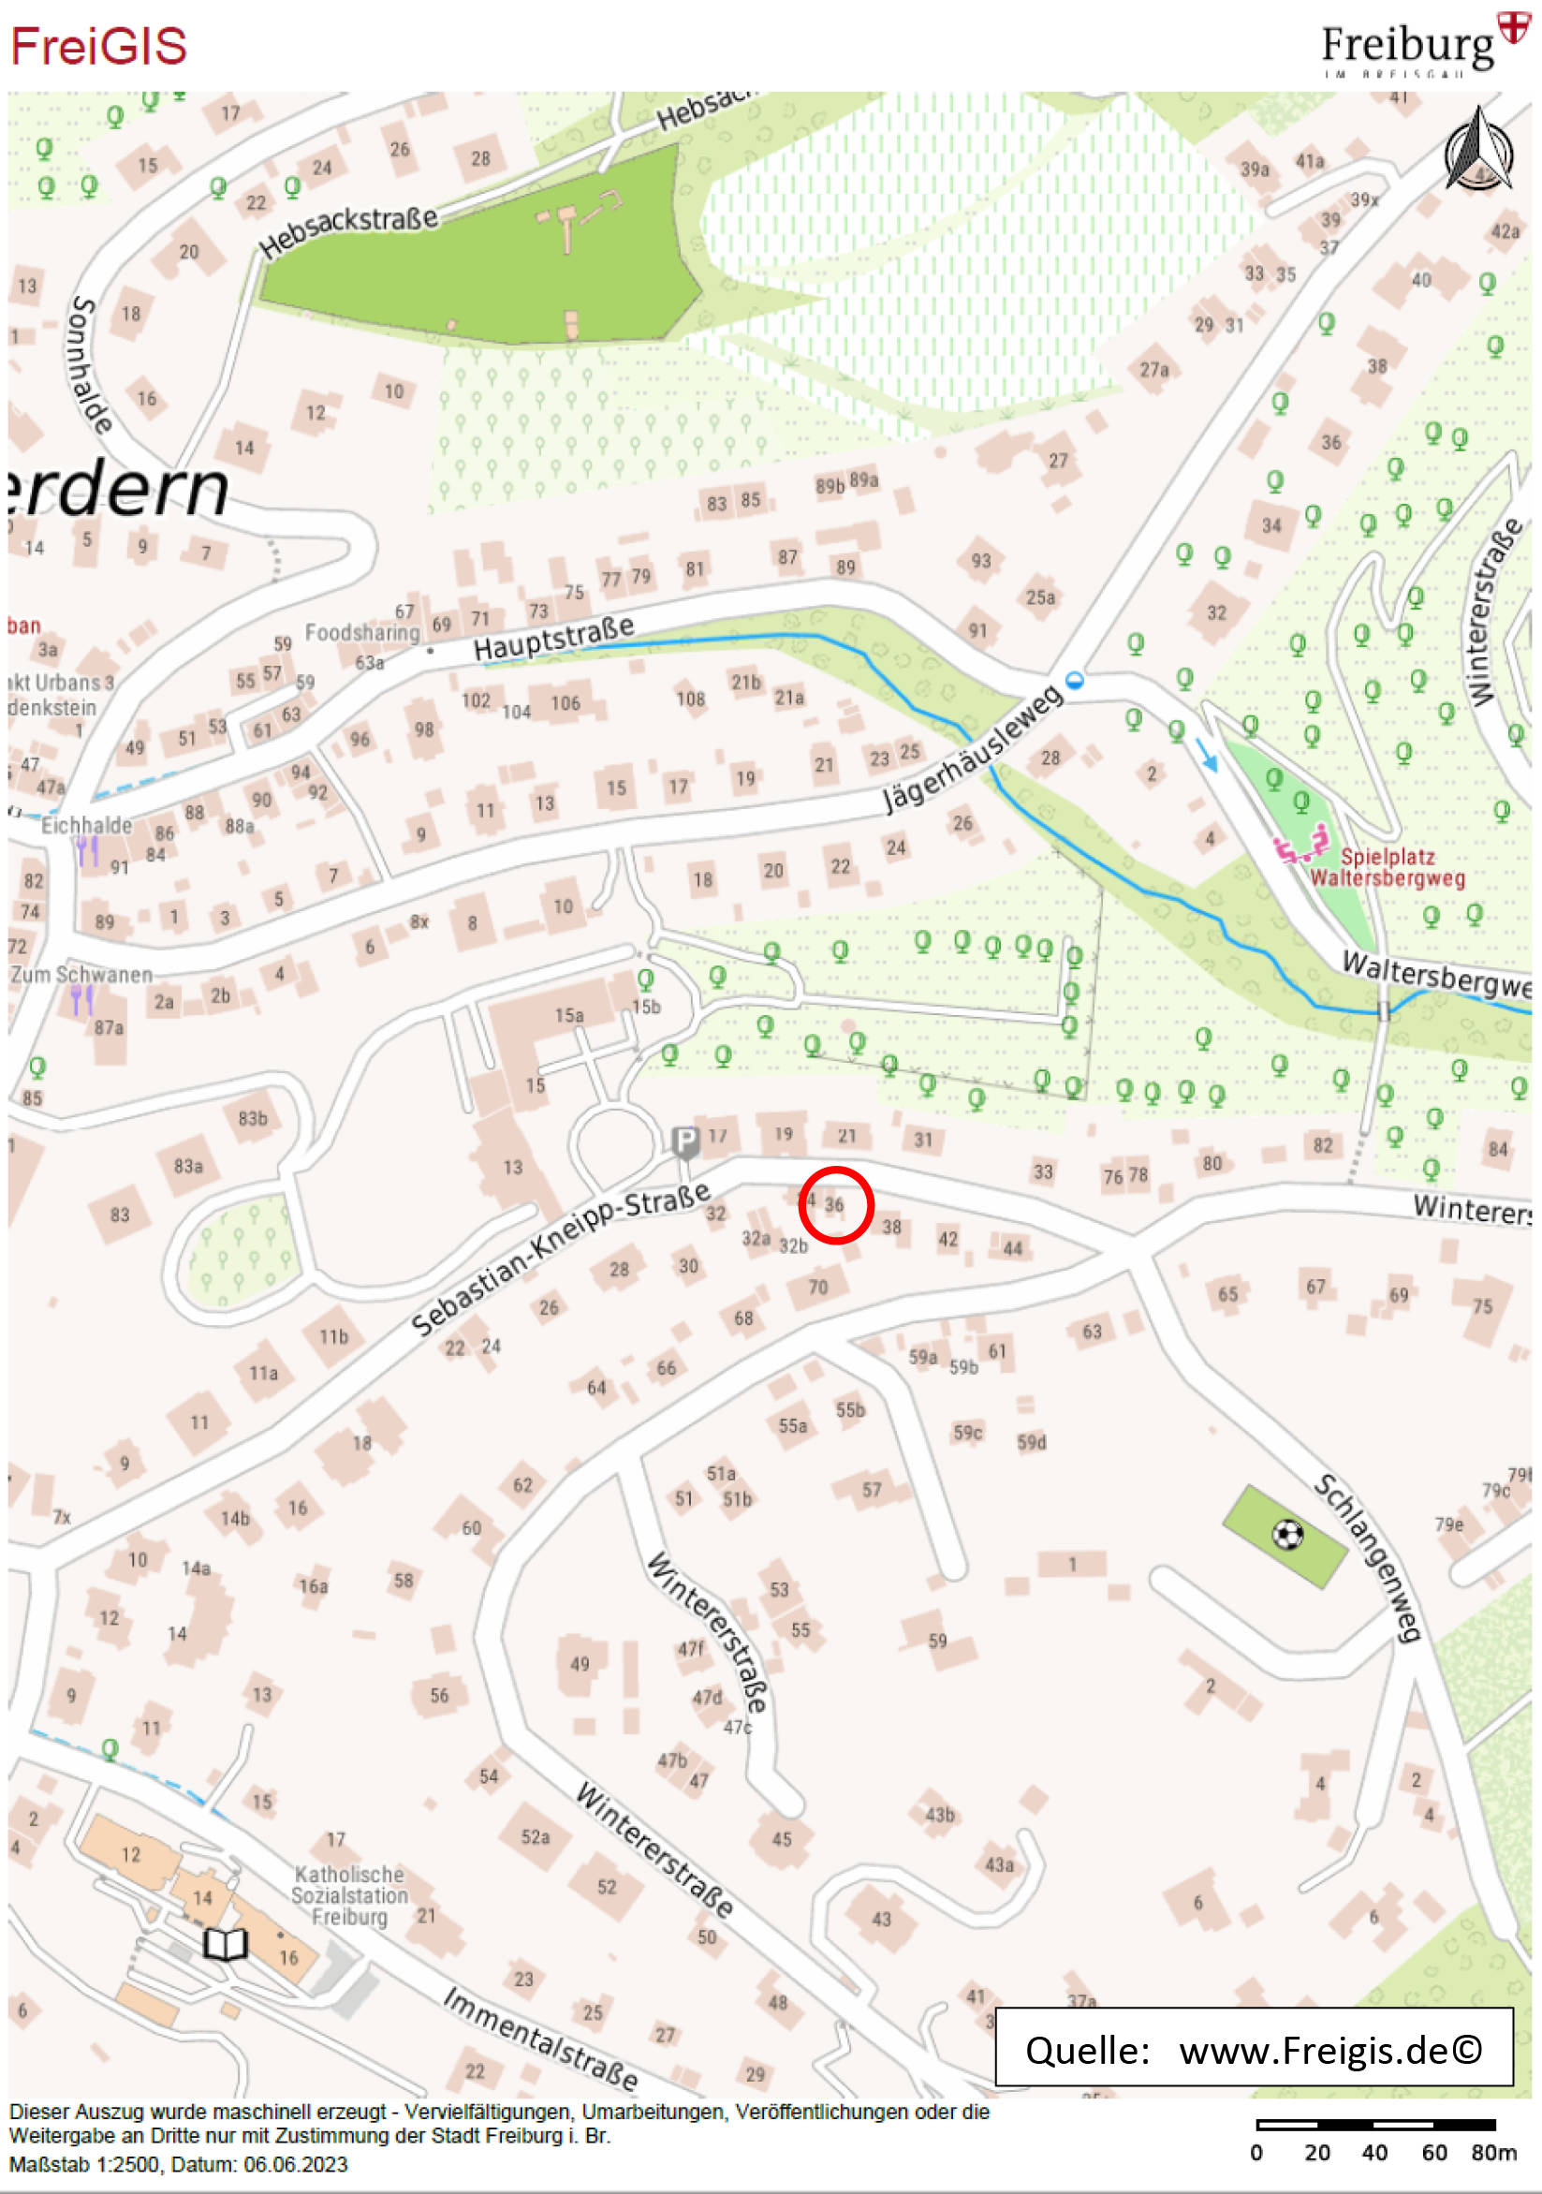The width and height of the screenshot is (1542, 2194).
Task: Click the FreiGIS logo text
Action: (x=98, y=46)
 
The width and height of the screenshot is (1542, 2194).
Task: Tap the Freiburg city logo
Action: (x=1423, y=46)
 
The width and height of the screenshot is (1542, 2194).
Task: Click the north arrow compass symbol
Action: (x=1478, y=150)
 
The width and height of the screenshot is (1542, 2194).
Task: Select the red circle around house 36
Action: (x=835, y=1204)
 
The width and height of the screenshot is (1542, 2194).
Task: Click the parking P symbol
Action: (x=684, y=1141)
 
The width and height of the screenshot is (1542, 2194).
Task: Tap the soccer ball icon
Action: (x=1287, y=1535)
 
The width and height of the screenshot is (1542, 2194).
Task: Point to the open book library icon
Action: (x=226, y=1944)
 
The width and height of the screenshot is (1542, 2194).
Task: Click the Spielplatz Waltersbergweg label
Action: (x=1388, y=867)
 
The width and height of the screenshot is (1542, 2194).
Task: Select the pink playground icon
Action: (x=1301, y=845)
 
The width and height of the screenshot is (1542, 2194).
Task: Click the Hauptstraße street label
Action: (x=553, y=639)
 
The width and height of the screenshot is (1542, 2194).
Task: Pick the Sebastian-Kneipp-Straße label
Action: (x=561, y=1257)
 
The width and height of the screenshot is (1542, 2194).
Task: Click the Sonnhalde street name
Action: (x=92, y=364)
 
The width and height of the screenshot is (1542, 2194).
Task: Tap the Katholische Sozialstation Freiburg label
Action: (x=349, y=1896)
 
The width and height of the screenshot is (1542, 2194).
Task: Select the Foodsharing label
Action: (x=362, y=633)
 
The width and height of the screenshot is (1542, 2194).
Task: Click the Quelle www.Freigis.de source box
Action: (x=1253, y=2051)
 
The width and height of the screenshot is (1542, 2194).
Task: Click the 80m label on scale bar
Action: (x=1493, y=2153)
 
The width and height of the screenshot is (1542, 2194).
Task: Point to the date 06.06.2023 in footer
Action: (x=295, y=2164)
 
